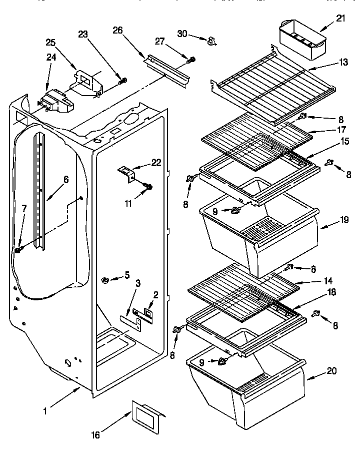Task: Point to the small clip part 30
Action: click(x=212, y=40)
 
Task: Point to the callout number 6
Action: click(x=65, y=178)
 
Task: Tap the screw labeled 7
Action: click(x=18, y=249)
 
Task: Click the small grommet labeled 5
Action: click(x=106, y=278)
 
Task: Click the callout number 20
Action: click(x=346, y=371)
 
